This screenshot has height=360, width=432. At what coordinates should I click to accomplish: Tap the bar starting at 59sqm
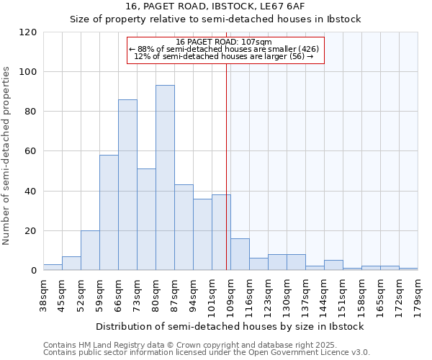[109, 212]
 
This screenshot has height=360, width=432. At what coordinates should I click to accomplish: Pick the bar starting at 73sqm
[146, 220]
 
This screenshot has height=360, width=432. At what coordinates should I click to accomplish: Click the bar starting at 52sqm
[90, 251]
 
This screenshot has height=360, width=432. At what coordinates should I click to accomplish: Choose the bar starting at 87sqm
[184, 228]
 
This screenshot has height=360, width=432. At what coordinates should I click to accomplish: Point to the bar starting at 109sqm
[240, 255]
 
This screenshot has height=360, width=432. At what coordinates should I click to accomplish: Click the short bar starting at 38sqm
[53, 268]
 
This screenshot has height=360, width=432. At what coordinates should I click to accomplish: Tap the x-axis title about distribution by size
[230, 326]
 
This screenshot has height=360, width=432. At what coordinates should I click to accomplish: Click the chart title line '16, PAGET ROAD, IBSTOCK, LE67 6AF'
[215, 6]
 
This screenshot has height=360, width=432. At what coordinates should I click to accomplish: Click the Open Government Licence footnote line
[207, 353]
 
